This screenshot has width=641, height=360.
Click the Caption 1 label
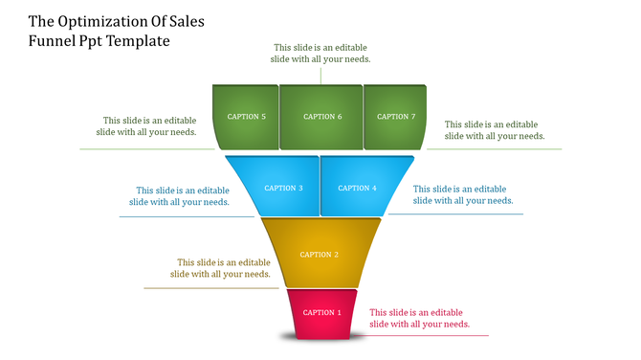321,312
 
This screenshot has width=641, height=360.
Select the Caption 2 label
320,255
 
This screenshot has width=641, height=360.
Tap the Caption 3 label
283,188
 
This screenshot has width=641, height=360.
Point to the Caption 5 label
246,117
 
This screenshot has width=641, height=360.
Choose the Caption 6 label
322,117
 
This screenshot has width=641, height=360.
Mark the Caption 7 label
396,117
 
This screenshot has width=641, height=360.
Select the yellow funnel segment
320,271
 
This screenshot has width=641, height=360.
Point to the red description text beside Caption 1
419,318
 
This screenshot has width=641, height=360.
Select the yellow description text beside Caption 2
220,268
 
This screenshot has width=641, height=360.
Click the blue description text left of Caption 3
179,195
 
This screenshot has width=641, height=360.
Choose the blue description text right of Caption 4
462,194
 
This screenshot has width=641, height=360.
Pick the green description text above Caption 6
321,53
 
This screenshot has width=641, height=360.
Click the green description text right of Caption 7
494,130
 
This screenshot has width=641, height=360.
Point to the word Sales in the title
182,20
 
